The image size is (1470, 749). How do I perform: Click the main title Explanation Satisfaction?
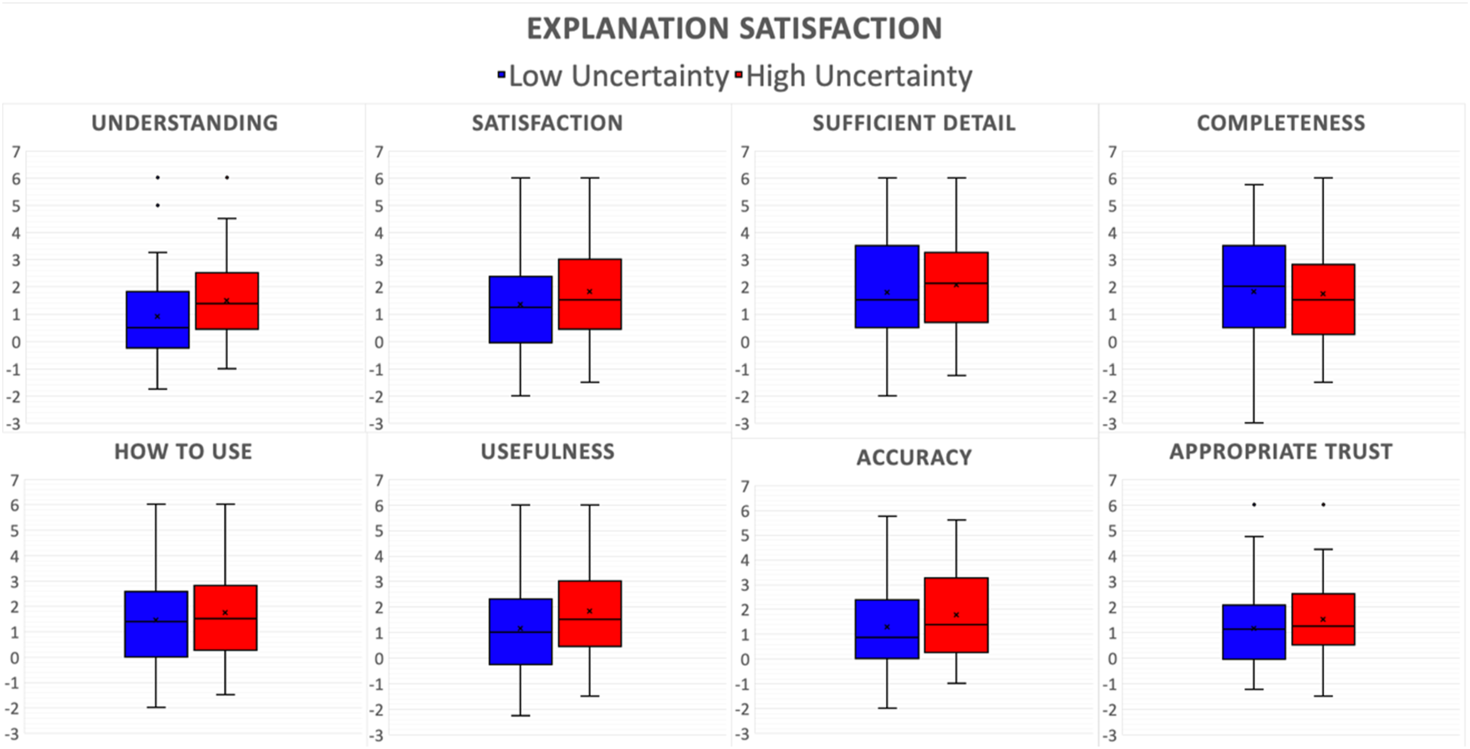734,29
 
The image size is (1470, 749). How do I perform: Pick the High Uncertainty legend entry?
854,76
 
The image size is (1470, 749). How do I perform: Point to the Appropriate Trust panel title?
1281,452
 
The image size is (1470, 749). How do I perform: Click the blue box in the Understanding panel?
158,320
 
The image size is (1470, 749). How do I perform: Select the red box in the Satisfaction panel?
590,294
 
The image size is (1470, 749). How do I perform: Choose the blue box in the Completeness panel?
1254,286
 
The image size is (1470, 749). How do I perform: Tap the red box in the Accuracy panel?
957,615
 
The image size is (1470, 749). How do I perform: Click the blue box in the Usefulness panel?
520,631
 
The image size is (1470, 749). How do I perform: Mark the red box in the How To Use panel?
225,618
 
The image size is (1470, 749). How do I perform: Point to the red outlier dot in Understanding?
227,177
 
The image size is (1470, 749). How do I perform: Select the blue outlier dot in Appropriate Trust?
1254,505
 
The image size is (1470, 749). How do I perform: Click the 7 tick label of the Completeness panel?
1112,152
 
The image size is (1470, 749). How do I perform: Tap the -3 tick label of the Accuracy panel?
741,735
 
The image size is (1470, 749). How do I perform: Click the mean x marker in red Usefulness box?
589,611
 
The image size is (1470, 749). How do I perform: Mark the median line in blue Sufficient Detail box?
887,300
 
